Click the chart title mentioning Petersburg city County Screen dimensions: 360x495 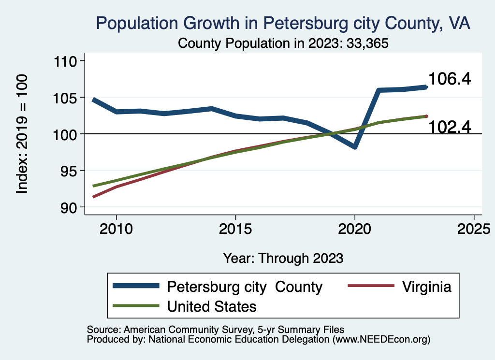tap(283, 23)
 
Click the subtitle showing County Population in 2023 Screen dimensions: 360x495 tap(283, 43)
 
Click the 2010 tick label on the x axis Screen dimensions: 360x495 tap(116, 229)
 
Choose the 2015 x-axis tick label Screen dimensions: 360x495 tap(235, 229)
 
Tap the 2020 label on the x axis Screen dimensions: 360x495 tap(355, 229)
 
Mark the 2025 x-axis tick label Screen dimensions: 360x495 tap(474, 229)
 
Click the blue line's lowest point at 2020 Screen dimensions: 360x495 tap(355, 146)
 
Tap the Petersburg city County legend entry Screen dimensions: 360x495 tap(244, 287)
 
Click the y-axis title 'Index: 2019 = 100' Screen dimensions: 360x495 tap(22, 134)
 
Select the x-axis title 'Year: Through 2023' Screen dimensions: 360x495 tap(283, 258)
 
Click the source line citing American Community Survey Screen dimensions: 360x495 tap(215, 330)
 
